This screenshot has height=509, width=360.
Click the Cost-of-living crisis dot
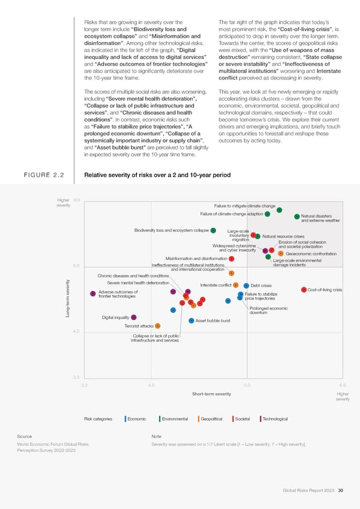pyautogui.click(x=304, y=290)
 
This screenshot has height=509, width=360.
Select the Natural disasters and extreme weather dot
pyautogui.click(x=297, y=217)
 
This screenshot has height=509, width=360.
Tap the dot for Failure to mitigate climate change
pyautogui.click(x=280, y=210)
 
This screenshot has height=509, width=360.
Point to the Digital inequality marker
pyautogui.click(x=134, y=317)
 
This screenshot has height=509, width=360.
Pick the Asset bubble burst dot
pyautogui.click(x=191, y=320)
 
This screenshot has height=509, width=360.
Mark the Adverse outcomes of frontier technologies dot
pyautogui.click(x=93, y=294)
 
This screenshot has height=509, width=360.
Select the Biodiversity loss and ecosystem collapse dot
pyautogui.click(x=214, y=230)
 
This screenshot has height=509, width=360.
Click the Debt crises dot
pyautogui.click(x=247, y=285)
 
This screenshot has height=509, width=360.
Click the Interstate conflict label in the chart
pyautogui.click(x=215, y=285)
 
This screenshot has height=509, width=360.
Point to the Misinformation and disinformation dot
pyautogui.click(x=231, y=259)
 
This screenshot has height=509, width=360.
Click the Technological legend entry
pyautogui.click(x=274, y=418)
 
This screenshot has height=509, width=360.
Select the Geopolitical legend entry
pyautogui.click(x=212, y=418)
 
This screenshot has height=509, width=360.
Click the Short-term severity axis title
pyautogui.click(x=211, y=394)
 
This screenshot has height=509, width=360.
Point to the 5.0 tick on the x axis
pyautogui.click(x=248, y=385)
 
